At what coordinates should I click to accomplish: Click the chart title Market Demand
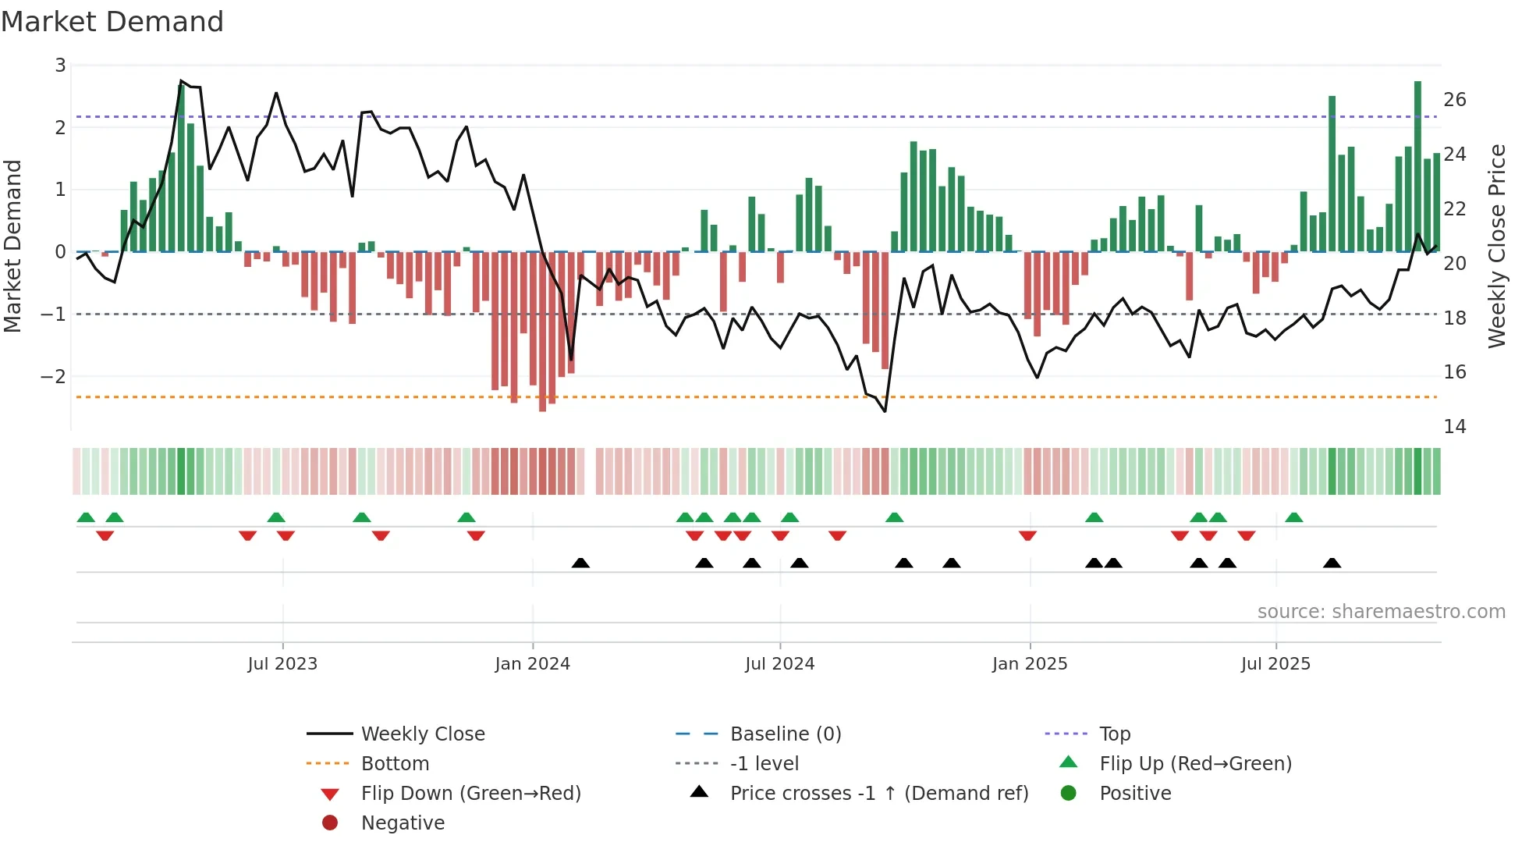[112, 22]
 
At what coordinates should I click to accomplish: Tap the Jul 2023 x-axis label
[282, 664]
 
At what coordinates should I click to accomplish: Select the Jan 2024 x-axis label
[532, 664]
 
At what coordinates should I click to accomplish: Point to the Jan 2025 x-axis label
[1029, 664]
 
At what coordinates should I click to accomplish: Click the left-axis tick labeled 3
[60, 66]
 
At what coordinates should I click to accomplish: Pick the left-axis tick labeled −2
[53, 376]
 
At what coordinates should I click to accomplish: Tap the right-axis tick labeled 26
[1454, 100]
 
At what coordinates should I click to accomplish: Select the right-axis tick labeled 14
[1454, 427]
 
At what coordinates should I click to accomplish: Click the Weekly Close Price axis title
[1496, 246]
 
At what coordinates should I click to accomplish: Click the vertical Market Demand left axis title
[12, 246]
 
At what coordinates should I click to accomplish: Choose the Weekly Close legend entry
[422, 734]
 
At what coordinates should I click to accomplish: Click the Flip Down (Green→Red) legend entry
[470, 794]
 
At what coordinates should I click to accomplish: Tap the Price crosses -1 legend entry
[878, 794]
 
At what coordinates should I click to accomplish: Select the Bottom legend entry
[395, 764]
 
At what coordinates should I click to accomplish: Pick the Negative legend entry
[403, 823]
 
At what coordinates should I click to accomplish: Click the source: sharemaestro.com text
[1381, 612]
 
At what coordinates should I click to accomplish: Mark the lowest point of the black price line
[885, 411]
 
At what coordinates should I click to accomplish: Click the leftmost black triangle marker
[580, 563]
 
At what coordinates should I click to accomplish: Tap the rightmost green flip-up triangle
[1293, 517]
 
